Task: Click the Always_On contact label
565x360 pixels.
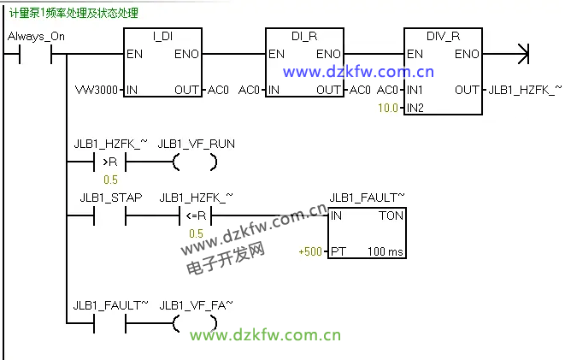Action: pos(35,37)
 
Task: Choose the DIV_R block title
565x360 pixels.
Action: pos(443,37)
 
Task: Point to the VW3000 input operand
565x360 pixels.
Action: pos(96,90)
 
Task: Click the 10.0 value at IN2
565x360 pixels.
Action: pos(389,108)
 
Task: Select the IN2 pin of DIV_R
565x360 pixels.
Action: pos(415,108)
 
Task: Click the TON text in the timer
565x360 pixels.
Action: pos(390,216)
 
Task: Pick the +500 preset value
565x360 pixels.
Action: pos(310,251)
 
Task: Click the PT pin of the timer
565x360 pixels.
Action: pos(338,251)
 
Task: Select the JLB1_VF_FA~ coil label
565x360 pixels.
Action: pos(196,304)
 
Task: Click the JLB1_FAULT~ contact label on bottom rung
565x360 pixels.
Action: pos(110,304)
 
